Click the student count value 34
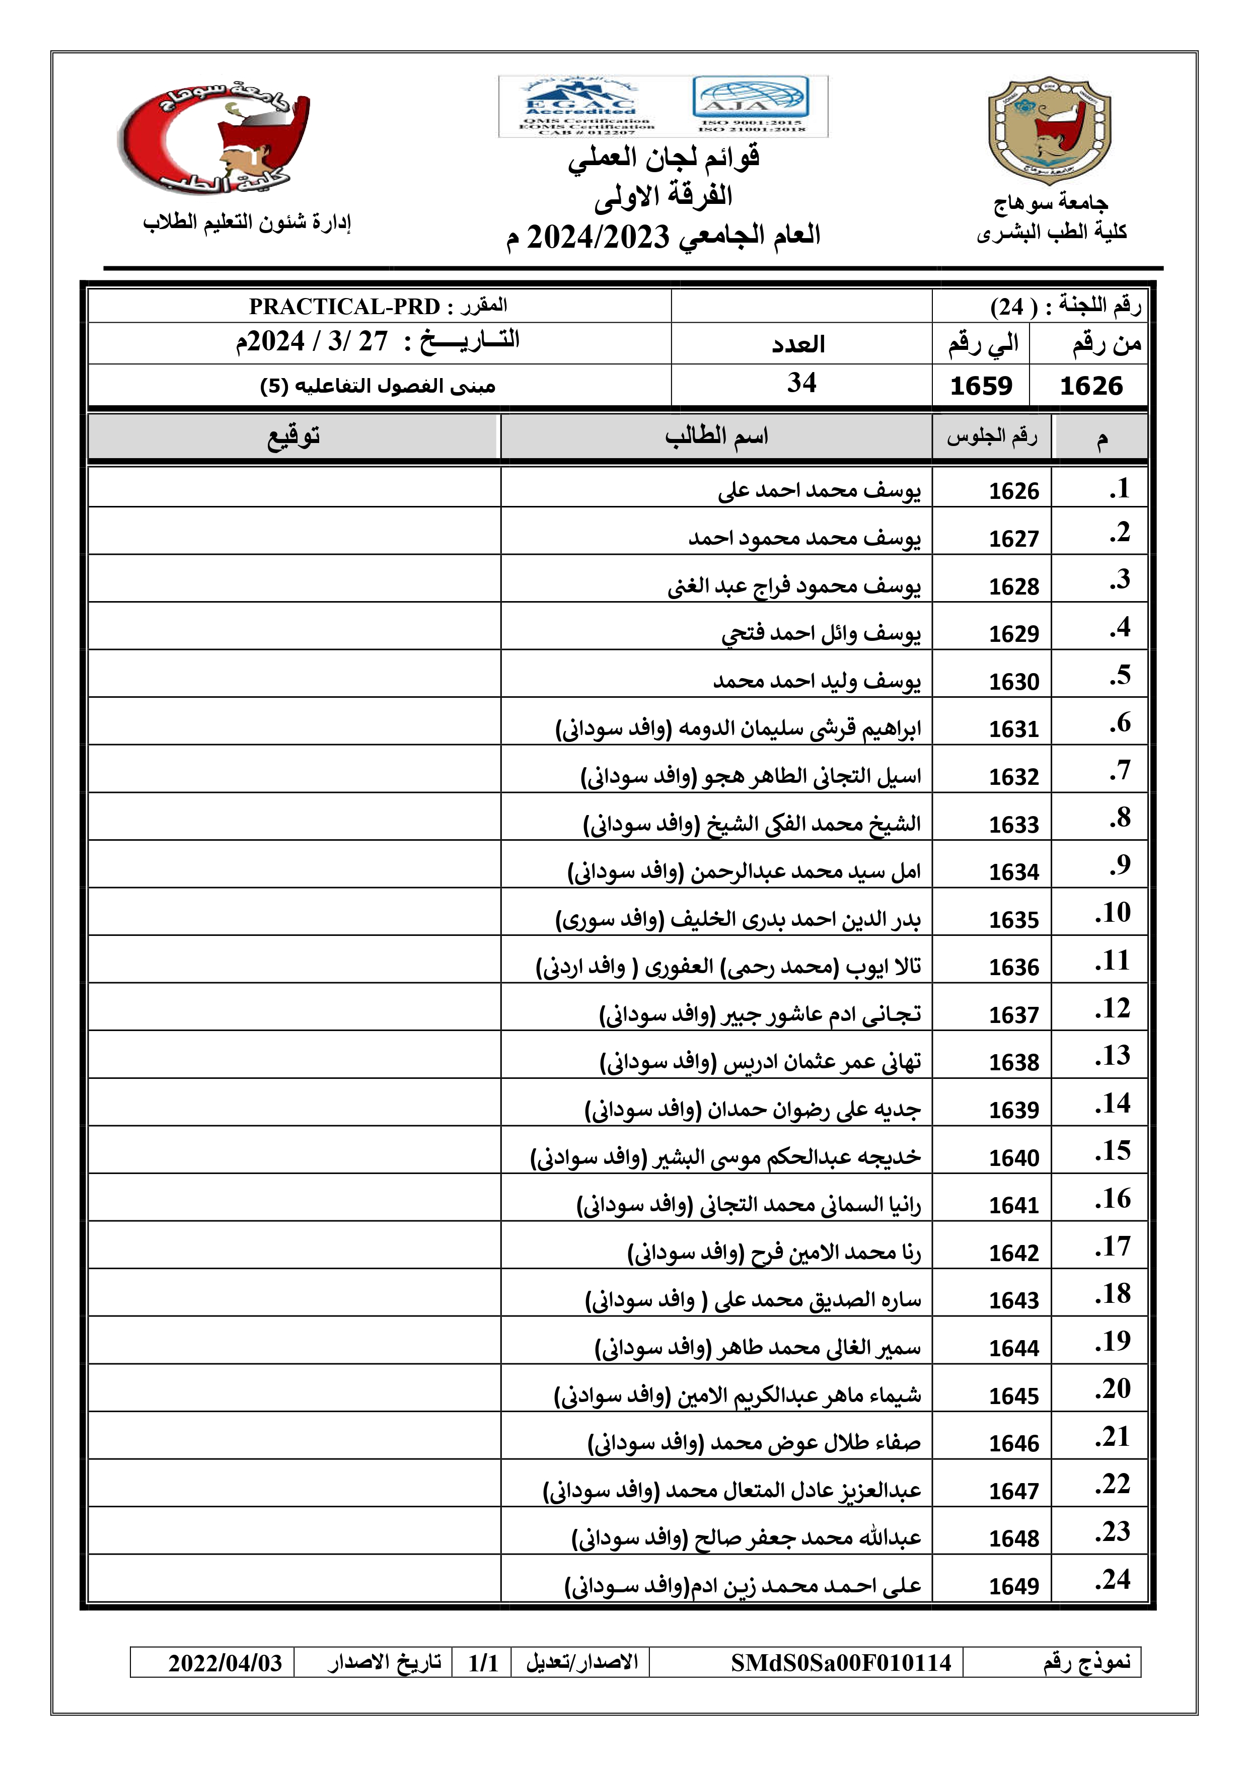pos(801,383)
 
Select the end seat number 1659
pos(981,385)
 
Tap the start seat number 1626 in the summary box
pos(1090,385)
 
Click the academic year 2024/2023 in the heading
pos(599,236)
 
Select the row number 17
pos(1113,1246)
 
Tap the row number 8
pos(1120,817)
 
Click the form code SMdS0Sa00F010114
pos(841,1662)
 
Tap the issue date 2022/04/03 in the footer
pos(226,1662)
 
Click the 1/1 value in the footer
pos(483,1662)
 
